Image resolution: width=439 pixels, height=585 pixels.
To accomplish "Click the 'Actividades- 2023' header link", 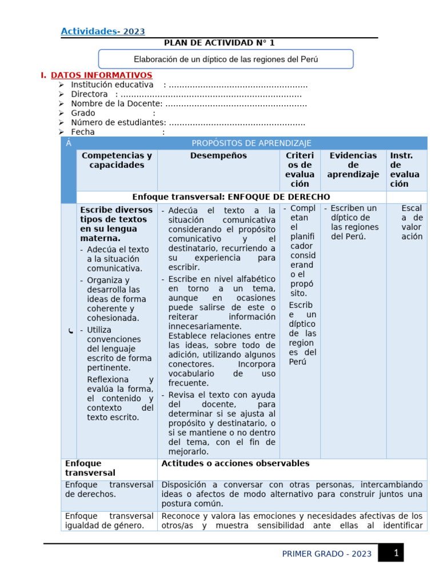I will point(103,31).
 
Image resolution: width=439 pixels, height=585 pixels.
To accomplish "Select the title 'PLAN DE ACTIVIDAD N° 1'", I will point(219,43).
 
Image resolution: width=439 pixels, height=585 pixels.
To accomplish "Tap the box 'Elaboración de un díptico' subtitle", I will point(226,59).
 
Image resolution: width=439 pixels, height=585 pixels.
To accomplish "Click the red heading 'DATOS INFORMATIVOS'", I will point(101,75).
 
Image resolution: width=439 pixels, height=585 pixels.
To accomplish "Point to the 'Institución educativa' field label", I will point(112,85).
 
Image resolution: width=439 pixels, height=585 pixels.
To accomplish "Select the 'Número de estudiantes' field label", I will point(118,122).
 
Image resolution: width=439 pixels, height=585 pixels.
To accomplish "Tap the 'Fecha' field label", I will point(83,132).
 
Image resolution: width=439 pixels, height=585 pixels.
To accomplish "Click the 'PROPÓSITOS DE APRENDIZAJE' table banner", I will point(252,143).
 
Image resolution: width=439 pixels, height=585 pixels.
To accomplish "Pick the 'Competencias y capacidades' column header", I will point(117,160).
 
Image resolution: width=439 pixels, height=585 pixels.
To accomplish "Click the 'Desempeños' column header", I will point(218,155).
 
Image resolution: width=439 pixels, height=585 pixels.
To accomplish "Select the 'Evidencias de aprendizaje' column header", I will point(353,165).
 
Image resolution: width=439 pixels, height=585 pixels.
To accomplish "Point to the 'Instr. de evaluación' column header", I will point(405,169).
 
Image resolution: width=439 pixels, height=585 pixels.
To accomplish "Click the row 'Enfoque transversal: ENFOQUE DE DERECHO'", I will point(231,197).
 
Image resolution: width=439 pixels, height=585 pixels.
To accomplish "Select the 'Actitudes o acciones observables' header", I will point(236,463).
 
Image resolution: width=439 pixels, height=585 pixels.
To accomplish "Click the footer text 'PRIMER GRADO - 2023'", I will point(327,554).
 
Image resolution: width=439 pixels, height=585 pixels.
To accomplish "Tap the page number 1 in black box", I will point(395,552).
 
